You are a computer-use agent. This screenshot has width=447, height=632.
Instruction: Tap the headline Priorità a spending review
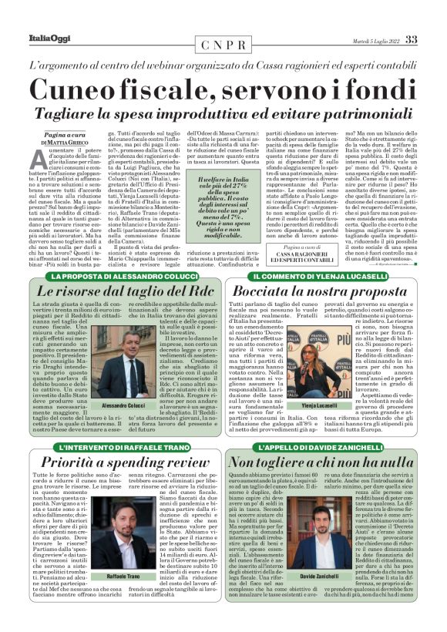click(125, 463)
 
